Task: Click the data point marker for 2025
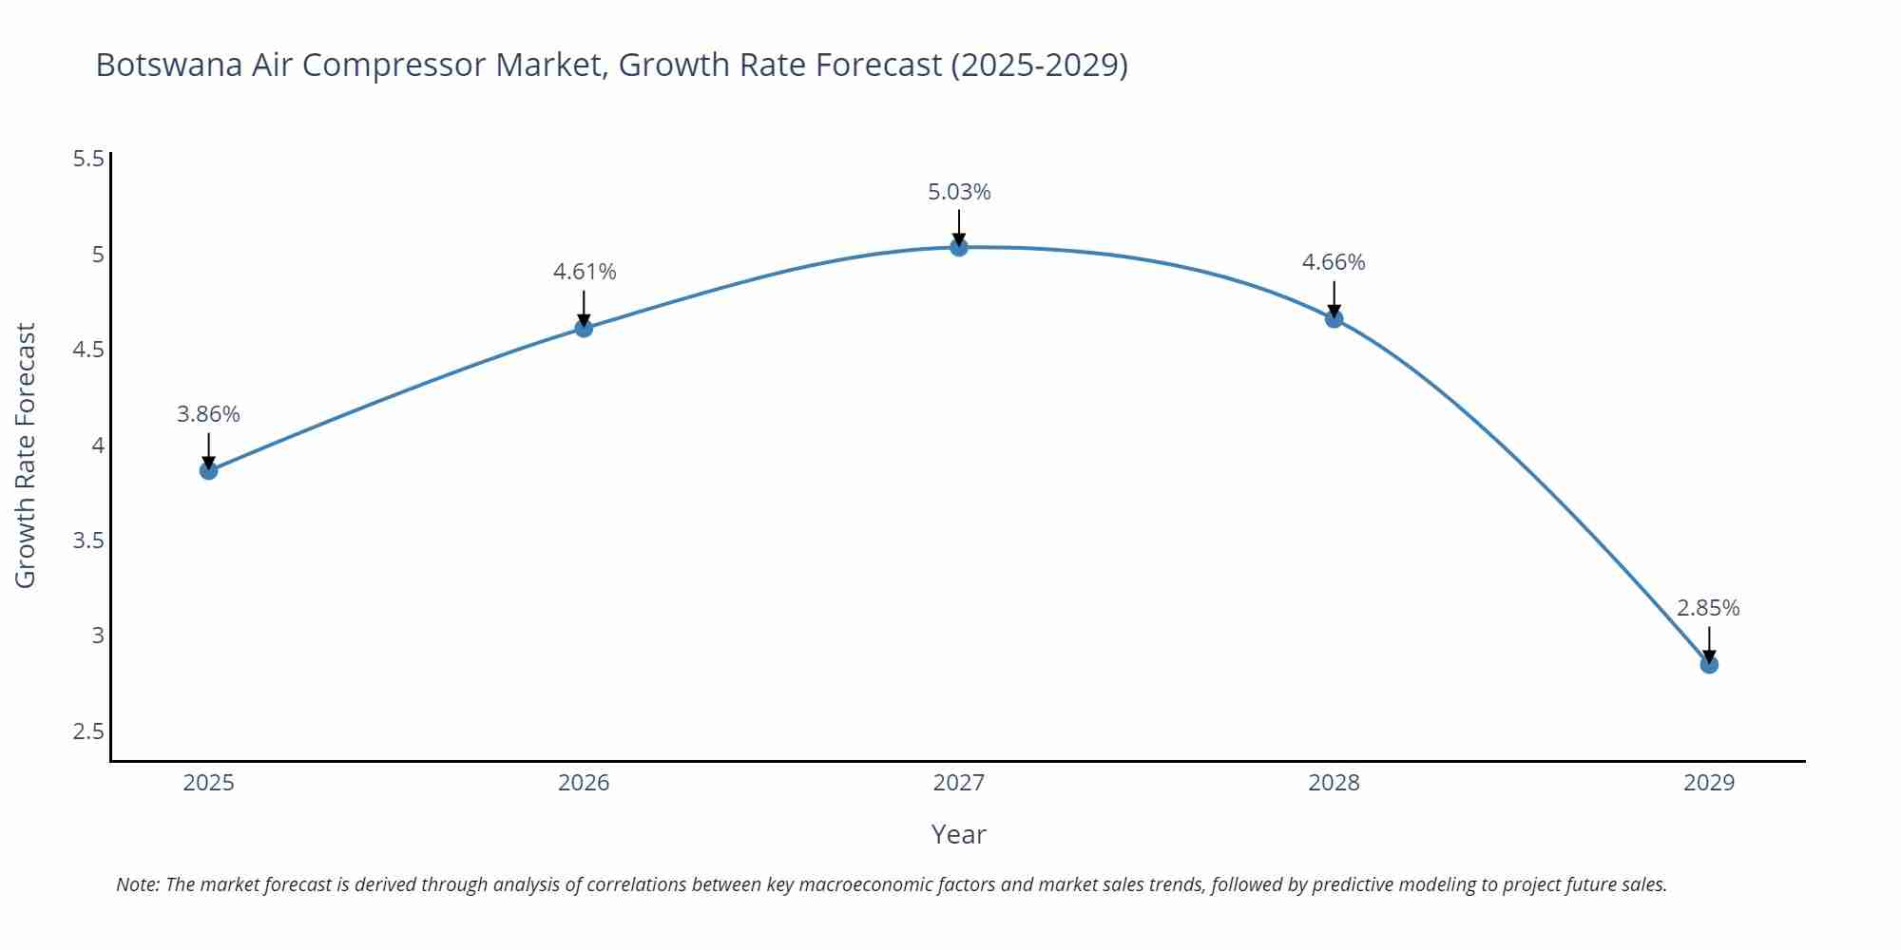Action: [x=208, y=470]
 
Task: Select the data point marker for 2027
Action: [x=958, y=247]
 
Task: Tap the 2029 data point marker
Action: [x=1708, y=664]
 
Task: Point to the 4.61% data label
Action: [x=585, y=272]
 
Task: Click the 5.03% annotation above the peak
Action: [x=959, y=192]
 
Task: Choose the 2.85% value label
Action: [x=1708, y=608]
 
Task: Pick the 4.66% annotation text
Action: [x=1334, y=262]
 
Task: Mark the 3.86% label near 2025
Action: [x=208, y=414]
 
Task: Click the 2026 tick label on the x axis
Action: [x=584, y=783]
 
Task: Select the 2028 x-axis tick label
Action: [x=1334, y=783]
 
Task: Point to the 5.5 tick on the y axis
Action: [x=88, y=159]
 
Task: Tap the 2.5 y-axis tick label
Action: [x=88, y=731]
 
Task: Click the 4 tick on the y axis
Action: [x=97, y=445]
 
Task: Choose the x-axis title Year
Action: [x=958, y=834]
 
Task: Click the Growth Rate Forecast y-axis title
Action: [x=26, y=455]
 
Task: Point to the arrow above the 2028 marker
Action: [x=1334, y=299]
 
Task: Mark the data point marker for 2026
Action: [x=584, y=328]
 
